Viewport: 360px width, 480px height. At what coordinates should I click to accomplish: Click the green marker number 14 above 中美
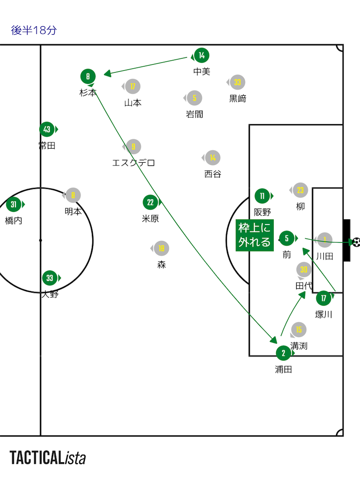pyautogui.click(x=201, y=56)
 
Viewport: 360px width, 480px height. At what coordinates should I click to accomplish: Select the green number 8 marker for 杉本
pyautogui.click(x=88, y=76)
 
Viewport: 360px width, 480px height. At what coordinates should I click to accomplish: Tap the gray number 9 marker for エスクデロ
pyautogui.click(x=134, y=147)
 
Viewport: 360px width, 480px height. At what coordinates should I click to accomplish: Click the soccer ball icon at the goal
pyautogui.click(x=356, y=242)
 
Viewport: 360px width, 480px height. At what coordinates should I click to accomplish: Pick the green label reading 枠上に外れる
pyautogui.click(x=255, y=235)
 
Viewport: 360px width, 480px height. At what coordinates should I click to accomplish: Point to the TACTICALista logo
pyautogui.click(x=48, y=457)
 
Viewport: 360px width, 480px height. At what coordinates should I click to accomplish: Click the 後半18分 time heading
pyautogui.click(x=34, y=30)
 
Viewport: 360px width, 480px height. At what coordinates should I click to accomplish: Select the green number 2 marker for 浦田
pyautogui.click(x=283, y=353)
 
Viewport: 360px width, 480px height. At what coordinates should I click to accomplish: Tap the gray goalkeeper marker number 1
pyautogui.click(x=324, y=240)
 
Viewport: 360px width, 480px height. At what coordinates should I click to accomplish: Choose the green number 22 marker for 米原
pyautogui.click(x=150, y=202)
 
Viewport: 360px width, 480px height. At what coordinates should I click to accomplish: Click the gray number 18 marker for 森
pyautogui.click(x=161, y=248)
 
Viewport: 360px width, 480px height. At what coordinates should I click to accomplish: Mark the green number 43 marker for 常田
pyautogui.click(x=47, y=129)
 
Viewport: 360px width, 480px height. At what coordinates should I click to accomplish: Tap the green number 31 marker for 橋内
pyautogui.click(x=14, y=204)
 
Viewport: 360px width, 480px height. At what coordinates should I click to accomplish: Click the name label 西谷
pyautogui.click(x=212, y=174)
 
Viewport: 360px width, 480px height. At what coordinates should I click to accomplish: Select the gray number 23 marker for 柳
pyautogui.click(x=300, y=190)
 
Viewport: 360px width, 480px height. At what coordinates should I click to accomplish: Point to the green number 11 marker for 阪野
pyautogui.click(x=262, y=196)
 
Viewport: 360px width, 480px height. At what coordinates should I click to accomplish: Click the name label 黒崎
pyautogui.click(x=238, y=98)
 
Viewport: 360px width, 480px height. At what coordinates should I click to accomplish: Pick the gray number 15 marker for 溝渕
pyautogui.click(x=299, y=330)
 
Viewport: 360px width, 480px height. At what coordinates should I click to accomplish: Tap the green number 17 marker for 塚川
pyautogui.click(x=323, y=298)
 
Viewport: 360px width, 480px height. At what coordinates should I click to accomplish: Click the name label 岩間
pyautogui.click(x=195, y=114)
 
